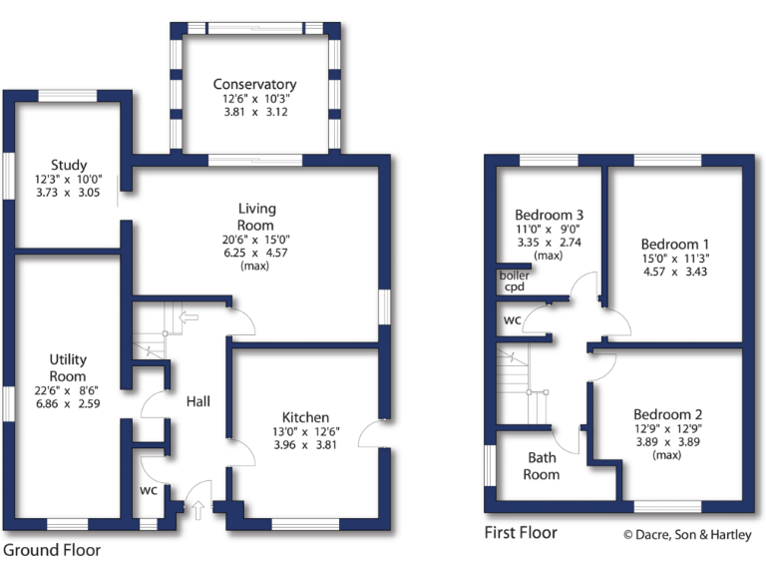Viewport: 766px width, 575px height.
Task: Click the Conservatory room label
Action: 254,85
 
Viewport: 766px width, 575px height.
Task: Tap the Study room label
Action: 69,165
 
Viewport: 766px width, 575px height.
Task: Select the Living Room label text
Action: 256,217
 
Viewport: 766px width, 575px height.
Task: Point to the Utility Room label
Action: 69,366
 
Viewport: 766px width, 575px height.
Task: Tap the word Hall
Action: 196,401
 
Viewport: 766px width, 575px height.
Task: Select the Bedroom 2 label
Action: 667,414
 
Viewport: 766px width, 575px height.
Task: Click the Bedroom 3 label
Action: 549,215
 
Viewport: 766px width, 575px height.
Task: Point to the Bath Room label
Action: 543,466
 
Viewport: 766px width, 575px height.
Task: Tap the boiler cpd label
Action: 514,281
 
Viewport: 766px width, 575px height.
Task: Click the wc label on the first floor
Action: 512,320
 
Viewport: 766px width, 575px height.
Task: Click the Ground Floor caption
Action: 51,549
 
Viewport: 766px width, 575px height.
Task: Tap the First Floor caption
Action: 522,532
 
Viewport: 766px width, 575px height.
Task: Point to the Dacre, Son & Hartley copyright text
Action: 687,534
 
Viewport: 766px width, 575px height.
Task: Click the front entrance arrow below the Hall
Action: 196,511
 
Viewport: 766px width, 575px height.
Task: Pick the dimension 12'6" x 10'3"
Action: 254,100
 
